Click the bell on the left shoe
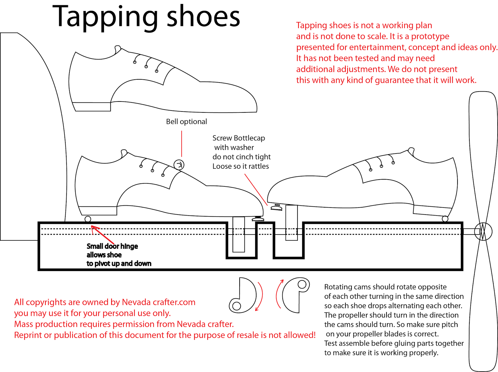[179, 165]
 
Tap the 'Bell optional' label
[186, 122]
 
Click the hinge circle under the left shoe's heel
[88, 219]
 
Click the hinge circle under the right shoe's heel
[445, 219]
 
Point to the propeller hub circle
[483, 232]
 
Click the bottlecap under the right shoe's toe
[276, 207]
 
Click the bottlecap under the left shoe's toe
[258, 219]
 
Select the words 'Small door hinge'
[112, 246]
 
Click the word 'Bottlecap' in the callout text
[249, 138]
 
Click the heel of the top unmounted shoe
[92, 106]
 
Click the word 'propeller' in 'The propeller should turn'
[353, 315]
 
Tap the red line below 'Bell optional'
[181, 144]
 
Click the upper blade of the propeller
[483, 149]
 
